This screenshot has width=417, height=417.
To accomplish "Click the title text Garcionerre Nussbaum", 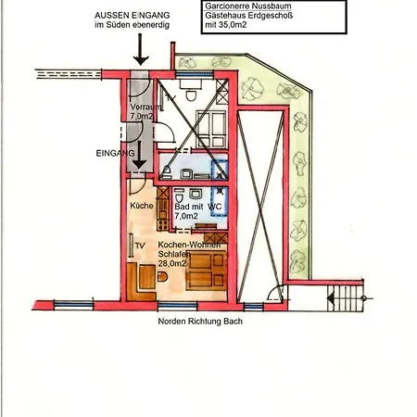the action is pos(248,6).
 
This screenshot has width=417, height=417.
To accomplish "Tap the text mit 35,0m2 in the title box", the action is pos(226,25).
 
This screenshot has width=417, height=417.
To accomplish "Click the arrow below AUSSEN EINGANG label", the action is pos(141,49).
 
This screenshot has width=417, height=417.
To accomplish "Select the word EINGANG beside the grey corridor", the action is pos(115,153).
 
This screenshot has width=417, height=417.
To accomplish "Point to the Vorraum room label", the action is pos(145,107).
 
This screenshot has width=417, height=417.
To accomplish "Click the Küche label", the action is pos(142,206).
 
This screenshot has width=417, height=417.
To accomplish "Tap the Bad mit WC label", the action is pos(198,207).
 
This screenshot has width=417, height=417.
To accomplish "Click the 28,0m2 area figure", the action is pos(172,263).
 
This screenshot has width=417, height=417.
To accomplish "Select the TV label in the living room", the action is pos(140,246).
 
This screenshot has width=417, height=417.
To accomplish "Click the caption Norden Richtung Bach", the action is pos(200,322).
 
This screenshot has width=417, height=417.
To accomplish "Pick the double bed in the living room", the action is pos(206,271).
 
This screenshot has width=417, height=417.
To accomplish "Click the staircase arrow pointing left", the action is pos(331,298).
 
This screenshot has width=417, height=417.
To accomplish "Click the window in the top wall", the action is pos(195,74).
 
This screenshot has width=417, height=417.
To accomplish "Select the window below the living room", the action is pos(177,306).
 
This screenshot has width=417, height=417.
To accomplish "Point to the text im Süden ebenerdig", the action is pos(133,25).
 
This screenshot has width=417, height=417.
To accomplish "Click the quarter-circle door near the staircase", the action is pos(275,292).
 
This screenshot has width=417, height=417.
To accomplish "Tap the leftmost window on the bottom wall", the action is pos(73,305).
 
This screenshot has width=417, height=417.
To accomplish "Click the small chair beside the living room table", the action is pos(162,276).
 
